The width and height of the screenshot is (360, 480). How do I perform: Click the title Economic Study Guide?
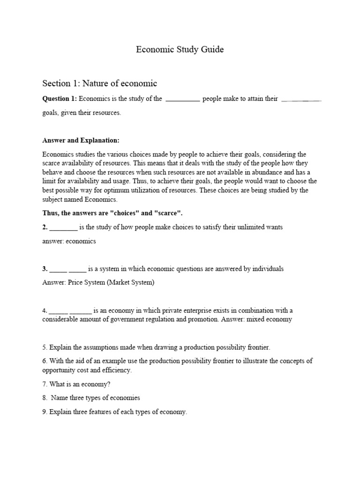[x=180, y=50]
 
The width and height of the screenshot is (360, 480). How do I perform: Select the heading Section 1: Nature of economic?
[x=99, y=83]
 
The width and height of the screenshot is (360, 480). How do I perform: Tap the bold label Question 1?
[x=60, y=99]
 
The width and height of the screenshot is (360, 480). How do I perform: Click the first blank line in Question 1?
[x=183, y=99]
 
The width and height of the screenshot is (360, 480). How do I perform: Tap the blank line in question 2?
[x=63, y=227]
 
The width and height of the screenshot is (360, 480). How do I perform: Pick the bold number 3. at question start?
[x=45, y=269]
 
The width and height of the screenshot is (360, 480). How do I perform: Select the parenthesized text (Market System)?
[x=132, y=283]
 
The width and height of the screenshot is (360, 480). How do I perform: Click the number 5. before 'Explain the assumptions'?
[x=45, y=347]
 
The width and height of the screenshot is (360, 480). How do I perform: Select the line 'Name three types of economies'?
[x=95, y=398]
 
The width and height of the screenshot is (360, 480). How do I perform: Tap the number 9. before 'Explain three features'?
[x=45, y=412]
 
